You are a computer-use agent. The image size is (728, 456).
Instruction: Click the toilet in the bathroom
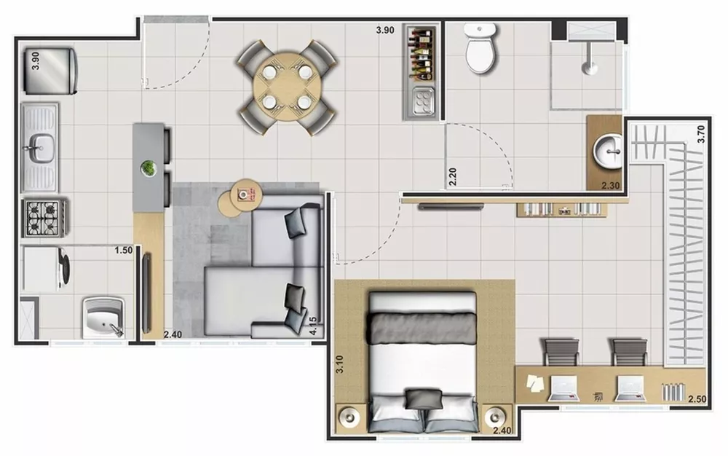click(x=480, y=49)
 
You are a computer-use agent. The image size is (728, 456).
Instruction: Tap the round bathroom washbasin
click(x=608, y=151)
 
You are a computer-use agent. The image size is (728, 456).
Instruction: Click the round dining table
click(x=287, y=88)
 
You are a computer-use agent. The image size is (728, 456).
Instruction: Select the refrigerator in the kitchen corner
click(x=49, y=70)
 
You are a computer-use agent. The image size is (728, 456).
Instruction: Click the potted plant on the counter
click(x=149, y=168)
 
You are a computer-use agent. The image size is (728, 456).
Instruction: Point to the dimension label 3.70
click(x=701, y=135)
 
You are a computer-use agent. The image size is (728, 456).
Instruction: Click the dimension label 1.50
click(x=123, y=251)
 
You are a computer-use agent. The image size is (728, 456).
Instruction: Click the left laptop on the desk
click(x=562, y=388)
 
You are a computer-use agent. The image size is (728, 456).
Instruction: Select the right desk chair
click(x=629, y=352)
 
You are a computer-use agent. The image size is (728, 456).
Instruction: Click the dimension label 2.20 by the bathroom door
click(x=452, y=177)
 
